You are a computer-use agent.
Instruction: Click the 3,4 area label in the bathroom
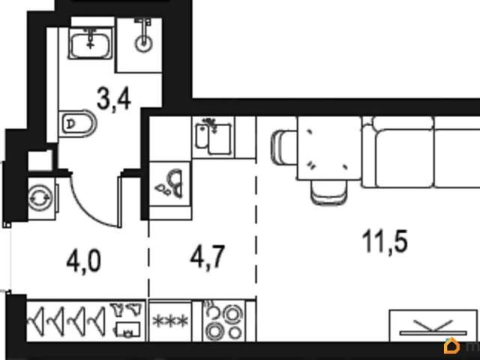tap(114, 99)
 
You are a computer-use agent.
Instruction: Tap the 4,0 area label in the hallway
tap(83, 262)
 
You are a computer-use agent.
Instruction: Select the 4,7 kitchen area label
tap(208, 256)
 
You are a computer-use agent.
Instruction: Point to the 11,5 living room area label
tap(385, 241)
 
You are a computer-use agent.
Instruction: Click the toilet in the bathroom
tap(77, 123)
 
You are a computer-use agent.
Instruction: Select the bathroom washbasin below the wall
tap(90, 43)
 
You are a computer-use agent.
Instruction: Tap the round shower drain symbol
tap(143, 43)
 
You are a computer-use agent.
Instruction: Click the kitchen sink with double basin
tap(213, 137)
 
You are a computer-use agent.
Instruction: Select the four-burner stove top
tap(224, 320)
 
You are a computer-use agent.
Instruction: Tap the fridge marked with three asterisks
tap(170, 321)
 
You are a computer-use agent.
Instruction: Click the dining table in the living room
tap(329, 148)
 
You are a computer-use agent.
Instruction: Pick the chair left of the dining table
tap(284, 148)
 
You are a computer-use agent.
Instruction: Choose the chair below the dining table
tap(329, 192)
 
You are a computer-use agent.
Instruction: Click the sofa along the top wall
tap(421, 151)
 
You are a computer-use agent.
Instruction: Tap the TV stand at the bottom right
tap(433, 325)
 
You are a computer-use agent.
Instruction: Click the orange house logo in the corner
tap(451, 346)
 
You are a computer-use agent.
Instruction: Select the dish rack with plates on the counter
tap(170, 184)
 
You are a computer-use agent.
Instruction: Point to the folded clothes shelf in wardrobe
tap(127, 320)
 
